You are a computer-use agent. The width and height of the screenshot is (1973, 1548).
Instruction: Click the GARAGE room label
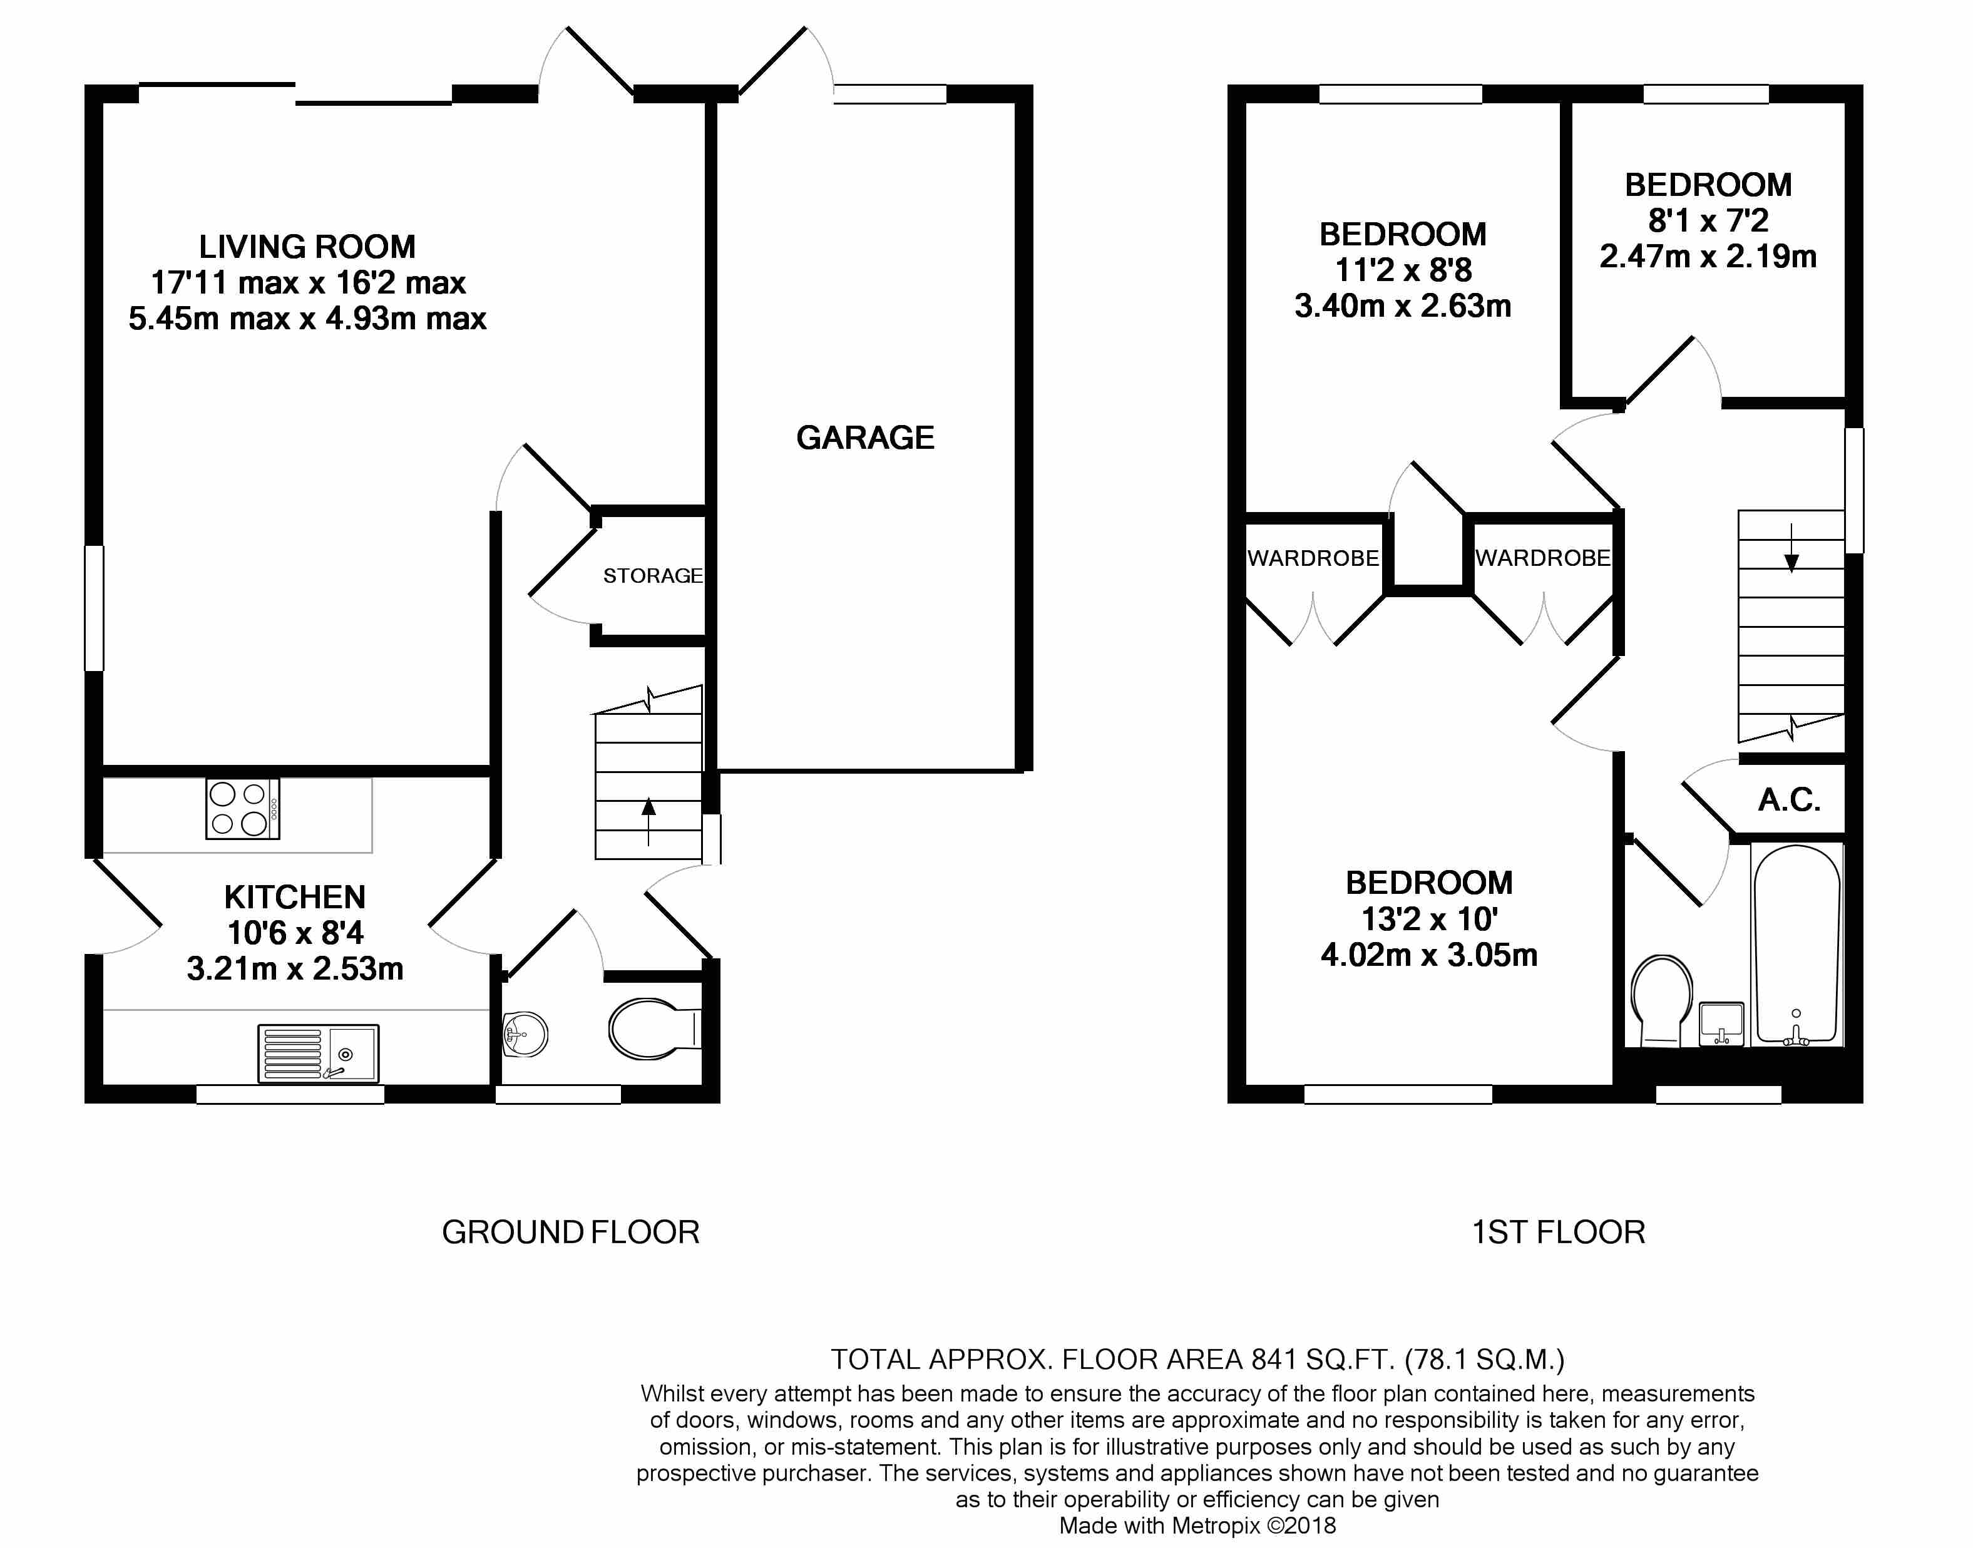tap(864, 438)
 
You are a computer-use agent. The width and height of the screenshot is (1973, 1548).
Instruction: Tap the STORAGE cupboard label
tap(652, 575)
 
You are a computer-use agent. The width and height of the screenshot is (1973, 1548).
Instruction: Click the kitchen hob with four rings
tap(242, 809)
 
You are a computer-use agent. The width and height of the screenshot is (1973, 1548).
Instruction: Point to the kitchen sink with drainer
tap(317, 1053)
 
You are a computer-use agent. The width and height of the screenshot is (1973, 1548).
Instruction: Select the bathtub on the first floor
tap(1796, 945)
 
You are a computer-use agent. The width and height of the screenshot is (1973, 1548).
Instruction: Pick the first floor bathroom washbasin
tap(1720, 1023)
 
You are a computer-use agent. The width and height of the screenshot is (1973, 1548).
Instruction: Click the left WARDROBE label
tap(1313, 558)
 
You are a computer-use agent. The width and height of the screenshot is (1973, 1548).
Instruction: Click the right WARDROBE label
tap(1542, 558)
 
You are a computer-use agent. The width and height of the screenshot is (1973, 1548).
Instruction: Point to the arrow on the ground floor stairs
tap(648, 819)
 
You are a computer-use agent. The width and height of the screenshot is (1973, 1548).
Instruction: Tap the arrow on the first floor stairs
tap(1791, 549)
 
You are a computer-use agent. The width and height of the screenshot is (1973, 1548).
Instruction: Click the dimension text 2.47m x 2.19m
tap(1708, 257)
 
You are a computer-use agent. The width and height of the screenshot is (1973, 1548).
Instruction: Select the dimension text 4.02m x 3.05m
tap(1428, 955)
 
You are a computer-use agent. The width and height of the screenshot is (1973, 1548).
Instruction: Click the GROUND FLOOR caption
tap(570, 1233)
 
